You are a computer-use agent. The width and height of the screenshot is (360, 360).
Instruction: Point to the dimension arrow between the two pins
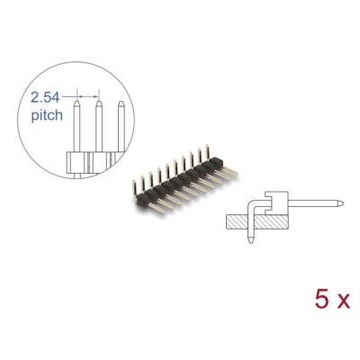(87, 93)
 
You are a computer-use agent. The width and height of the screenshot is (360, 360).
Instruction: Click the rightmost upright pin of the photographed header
(208, 148)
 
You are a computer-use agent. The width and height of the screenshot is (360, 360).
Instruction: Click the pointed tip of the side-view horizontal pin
(321, 202)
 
